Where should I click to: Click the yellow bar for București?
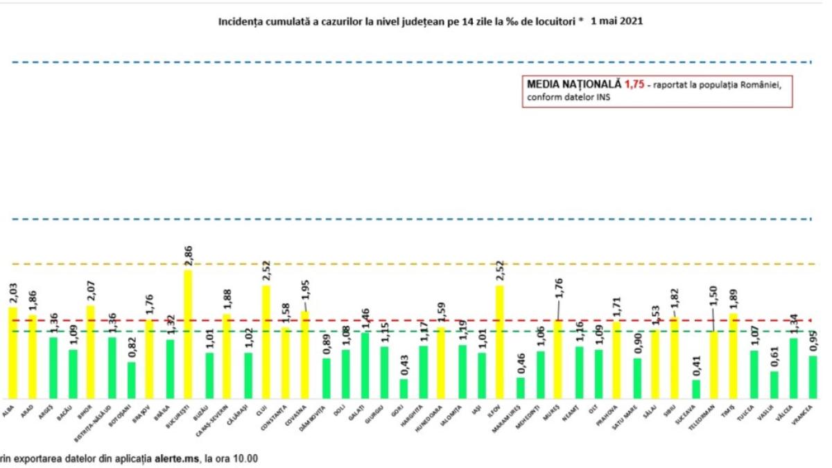[188, 333]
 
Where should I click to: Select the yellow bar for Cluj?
[266, 340]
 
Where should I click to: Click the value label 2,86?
[188, 257]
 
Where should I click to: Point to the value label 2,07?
[91, 292]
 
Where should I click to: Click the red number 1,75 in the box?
[634, 84]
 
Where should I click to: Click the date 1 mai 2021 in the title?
[617, 21]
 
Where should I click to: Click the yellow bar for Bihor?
[91, 350]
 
